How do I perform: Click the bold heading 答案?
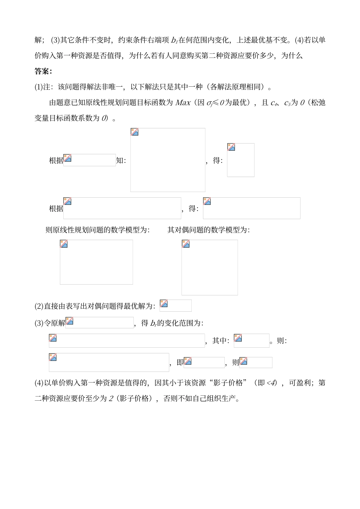pyautogui.click(x=44, y=71)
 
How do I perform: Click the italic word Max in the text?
pyautogui.click(x=183, y=103)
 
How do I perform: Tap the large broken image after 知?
pyautogui.click(x=167, y=160)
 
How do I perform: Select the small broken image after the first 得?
pyautogui.click(x=241, y=160)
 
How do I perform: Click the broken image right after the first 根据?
pyautogui.click(x=89, y=160)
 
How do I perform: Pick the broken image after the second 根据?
pyautogui.click(x=122, y=208)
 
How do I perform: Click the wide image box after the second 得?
pyautogui.click(x=251, y=208)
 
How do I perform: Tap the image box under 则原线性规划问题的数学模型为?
pyautogui.click(x=96, y=262)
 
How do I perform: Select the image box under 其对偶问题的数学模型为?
pyautogui.click(x=210, y=267)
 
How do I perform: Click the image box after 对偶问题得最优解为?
pyautogui.click(x=175, y=305)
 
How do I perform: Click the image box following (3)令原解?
pyautogui.click(x=99, y=323)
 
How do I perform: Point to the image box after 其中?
pyautogui.click(x=251, y=340)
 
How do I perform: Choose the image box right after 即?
pyautogui.click(x=204, y=362)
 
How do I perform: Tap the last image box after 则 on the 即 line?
pyautogui.click(x=256, y=362)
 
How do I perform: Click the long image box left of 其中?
pyautogui.click(x=127, y=340)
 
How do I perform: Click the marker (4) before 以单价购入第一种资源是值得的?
pyautogui.click(x=39, y=383)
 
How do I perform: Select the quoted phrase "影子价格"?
pyautogui.click(x=228, y=383)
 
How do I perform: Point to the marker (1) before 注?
pyautogui.click(x=39, y=87)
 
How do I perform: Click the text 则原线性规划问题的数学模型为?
pyautogui.click(x=97, y=230)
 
